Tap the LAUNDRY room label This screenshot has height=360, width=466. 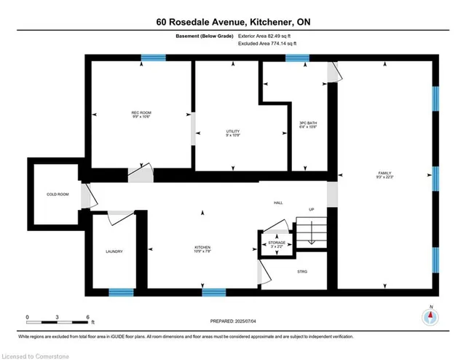(x=114, y=251)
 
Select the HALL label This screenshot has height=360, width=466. (x=278, y=203)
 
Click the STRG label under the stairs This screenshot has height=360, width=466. (x=302, y=272)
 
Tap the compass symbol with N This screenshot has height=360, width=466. (x=431, y=317)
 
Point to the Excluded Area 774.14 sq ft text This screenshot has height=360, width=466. (x=267, y=44)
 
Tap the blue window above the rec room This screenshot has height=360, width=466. (x=153, y=58)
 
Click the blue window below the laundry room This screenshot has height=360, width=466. (x=121, y=293)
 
